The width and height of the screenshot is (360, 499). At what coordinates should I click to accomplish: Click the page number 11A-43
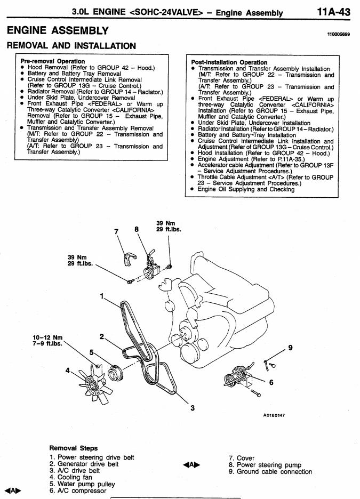click(333, 12)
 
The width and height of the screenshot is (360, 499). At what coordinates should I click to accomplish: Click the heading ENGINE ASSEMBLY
click(58, 30)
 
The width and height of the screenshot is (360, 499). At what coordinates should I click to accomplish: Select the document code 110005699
click(339, 34)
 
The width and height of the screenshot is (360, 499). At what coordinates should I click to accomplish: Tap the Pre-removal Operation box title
click(52, 61)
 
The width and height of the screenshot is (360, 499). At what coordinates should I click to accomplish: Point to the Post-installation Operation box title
click(229, 62)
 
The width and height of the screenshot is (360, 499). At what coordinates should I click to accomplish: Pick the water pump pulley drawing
click(115, 373)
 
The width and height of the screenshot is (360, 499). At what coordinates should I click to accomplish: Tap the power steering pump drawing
click(150, 268)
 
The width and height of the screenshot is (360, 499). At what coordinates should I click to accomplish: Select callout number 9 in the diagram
click(290, 348)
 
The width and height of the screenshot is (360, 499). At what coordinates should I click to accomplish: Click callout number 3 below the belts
click(192, 408)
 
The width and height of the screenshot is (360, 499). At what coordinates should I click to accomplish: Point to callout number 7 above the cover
click(116, 231)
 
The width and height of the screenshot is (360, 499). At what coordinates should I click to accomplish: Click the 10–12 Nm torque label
click(48, 337)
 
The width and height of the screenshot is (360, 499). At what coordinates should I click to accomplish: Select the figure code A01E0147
click(274, 415)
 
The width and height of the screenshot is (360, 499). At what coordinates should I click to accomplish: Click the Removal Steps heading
click(74, 448)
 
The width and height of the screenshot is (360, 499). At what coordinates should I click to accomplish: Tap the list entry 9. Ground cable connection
click(270, 472)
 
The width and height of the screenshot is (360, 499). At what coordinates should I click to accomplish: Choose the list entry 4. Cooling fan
click(70, 477)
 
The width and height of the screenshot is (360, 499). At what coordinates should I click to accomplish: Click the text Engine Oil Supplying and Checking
click(246, 189)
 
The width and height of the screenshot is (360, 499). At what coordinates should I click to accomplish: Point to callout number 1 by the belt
click(102, 296)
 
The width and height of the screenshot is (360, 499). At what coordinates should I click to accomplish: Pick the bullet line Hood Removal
click(91, 68)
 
